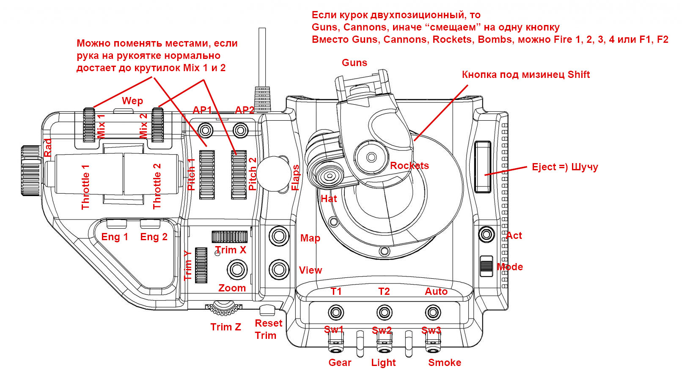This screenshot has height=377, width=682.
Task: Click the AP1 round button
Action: (x=205, y=130)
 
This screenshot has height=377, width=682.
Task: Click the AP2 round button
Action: (x=241, y=130)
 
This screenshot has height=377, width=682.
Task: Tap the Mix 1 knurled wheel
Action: (x=89, y=125)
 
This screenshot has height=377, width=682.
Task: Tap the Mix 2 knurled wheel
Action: (x=157, y=125)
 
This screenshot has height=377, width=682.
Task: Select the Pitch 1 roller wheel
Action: (x=207, y=175)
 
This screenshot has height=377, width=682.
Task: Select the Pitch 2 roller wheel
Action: (x=239, y=175)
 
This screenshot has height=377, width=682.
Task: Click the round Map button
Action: (x=278, y=236)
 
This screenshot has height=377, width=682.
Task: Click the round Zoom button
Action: (x=237, y=269)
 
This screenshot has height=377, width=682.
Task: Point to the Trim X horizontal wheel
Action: (x=230, y=237)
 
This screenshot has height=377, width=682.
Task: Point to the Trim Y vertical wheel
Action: (x=201, y=265)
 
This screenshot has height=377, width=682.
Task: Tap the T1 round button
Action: (x=336, y=312)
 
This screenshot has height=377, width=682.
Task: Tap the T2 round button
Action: (x=384, y=312)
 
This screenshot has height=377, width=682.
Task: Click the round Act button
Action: (x=486, y=234)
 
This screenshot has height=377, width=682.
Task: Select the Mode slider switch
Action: (x=486, y=266)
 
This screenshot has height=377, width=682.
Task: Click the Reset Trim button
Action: (x=267, y=310)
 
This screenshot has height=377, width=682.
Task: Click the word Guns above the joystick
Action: (x=355, y=62)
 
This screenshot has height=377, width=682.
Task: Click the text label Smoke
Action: (x=445, y=362)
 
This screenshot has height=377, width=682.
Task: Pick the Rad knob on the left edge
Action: (x=30, y=171)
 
